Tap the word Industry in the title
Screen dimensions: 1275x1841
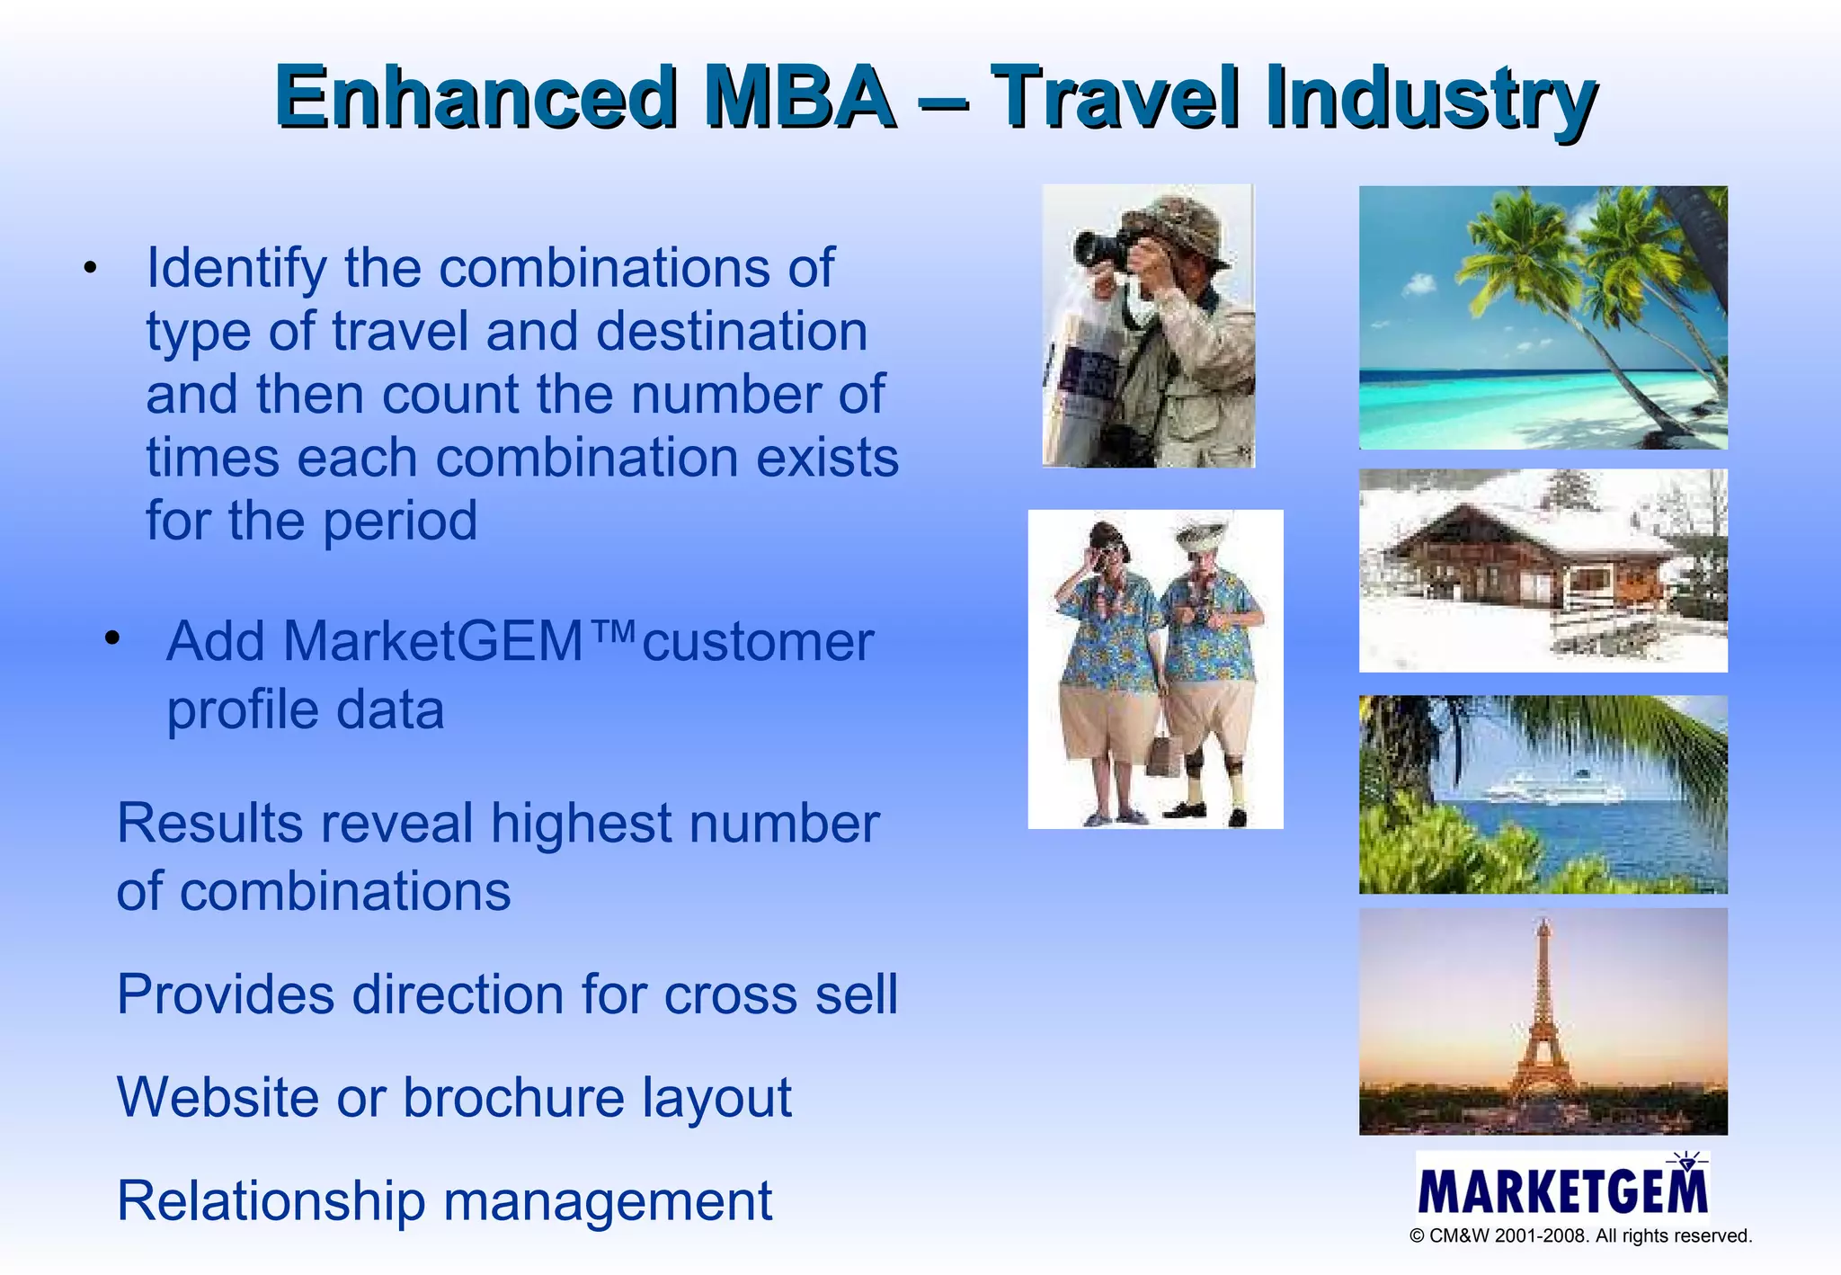pyautogui.click(x=1430, y=99)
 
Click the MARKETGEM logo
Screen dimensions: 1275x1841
pyautogui.click(x=1562, y=1189)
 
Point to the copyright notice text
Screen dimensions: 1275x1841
pyautogui.click(x=1580, y=1236)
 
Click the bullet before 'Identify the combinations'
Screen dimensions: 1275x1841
pyautogui.click(x=88, y=269)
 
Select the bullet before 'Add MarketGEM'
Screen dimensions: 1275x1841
pyautogui.click(x=111, y=639)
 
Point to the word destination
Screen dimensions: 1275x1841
pyautogui.click(x=731, y=332)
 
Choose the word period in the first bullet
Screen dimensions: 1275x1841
pyautogui.click(x=400, y=522)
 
